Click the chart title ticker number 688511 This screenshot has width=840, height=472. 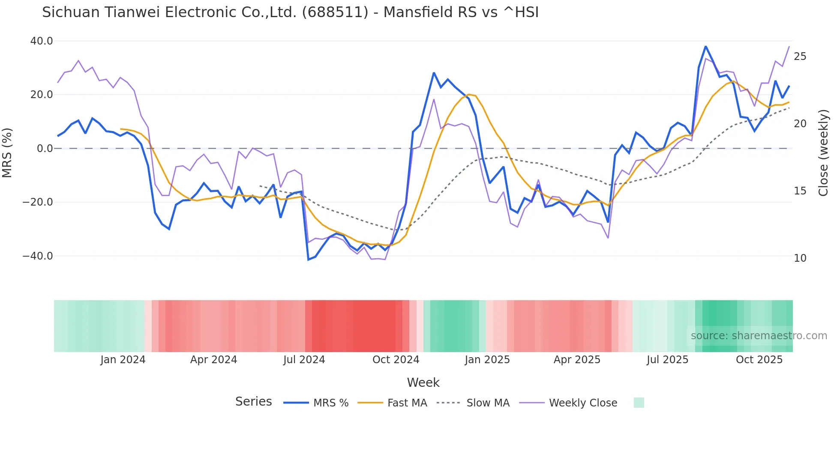335,12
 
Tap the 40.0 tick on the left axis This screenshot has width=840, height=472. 42,41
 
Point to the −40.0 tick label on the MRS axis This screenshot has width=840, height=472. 38,256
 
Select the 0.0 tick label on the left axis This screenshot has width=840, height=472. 45,149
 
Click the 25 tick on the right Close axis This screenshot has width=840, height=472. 800,57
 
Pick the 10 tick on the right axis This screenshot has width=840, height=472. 800,258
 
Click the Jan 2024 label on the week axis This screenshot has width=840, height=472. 123,360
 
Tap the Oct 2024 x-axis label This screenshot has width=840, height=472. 396,360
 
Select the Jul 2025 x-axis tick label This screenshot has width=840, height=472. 667,360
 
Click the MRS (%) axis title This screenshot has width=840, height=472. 7,152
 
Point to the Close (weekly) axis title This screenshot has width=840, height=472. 823,153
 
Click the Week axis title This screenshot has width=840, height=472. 423,382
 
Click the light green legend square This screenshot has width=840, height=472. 639,403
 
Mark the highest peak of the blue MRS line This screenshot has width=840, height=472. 705,46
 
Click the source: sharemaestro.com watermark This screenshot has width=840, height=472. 759,336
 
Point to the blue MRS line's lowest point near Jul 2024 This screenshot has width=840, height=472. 308,260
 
